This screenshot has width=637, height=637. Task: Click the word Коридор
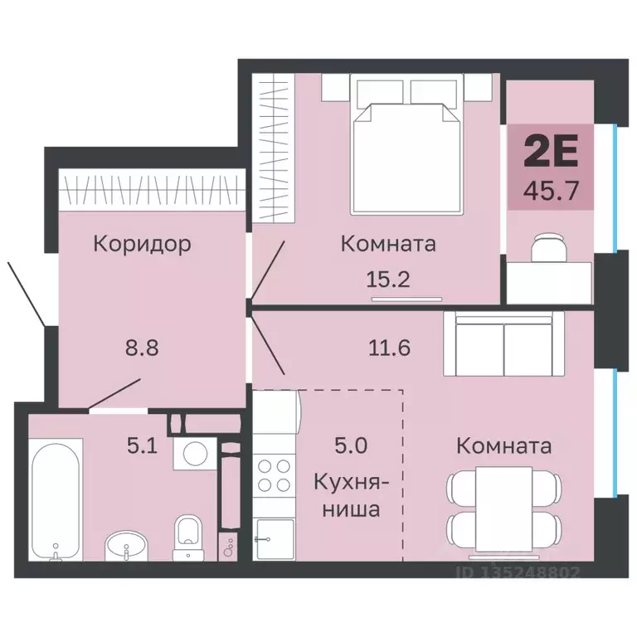click(142, 244)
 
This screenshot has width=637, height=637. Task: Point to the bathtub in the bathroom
click(56, 501)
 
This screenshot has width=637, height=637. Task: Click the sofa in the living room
click(503, 340)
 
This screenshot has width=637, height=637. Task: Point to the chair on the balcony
click(547, 246)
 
